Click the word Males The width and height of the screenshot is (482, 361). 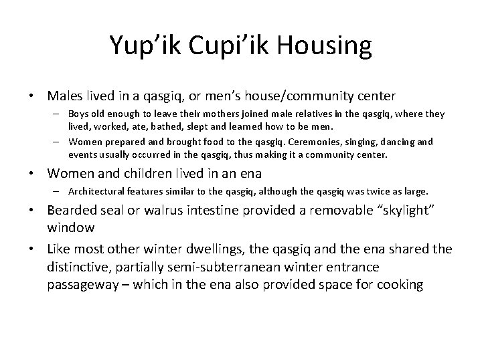point(64,97)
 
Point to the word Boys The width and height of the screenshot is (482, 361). point(80,114)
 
